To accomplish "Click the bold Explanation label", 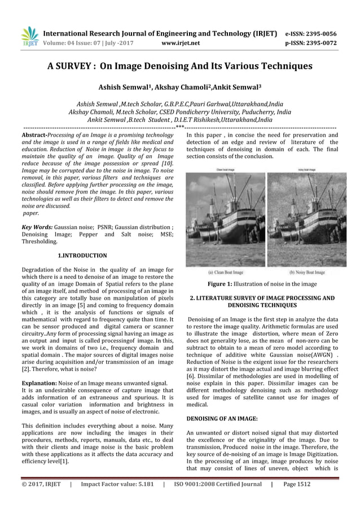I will [40, 382].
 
